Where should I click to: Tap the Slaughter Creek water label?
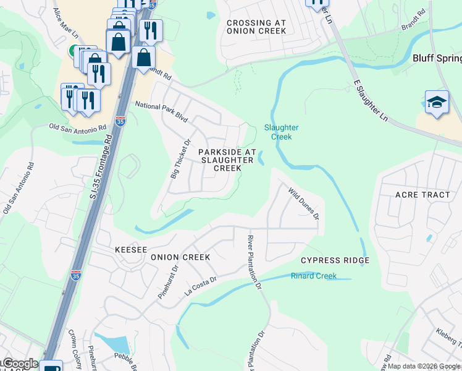(281, 132)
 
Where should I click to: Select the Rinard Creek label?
(314, 276)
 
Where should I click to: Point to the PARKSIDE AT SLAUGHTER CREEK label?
(226, 160)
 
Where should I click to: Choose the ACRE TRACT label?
(422, 195)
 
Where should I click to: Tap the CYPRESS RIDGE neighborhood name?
(335, 260)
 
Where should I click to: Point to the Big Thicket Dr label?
(179, 158)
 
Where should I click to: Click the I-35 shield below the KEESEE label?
(76, 275)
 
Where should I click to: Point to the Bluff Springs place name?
(437, 59)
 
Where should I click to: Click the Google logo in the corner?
(20, 364)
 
